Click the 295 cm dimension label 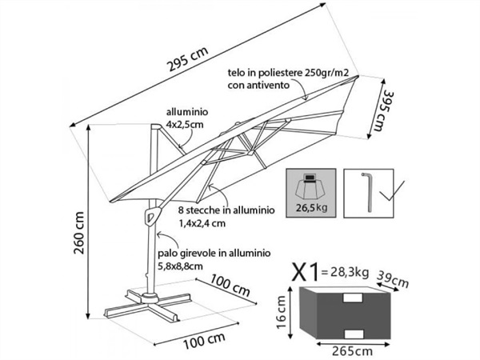187,59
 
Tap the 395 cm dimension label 383,110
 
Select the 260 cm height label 79,233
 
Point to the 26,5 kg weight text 311,208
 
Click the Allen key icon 368,192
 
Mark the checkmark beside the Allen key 391,190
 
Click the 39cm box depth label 393,279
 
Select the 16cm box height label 282,312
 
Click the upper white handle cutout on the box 353,298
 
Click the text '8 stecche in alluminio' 226,210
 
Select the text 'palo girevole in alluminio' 214,253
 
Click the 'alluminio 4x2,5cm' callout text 187,118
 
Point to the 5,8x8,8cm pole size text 180,266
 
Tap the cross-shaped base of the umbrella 149,305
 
